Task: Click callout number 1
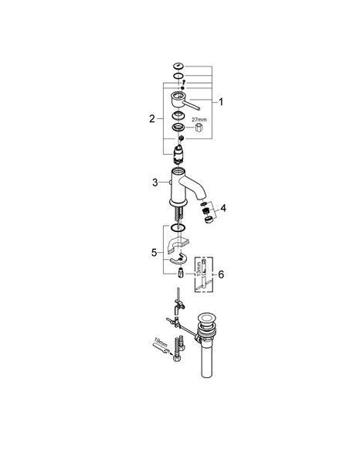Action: coord(221,102)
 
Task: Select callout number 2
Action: coord(152,119)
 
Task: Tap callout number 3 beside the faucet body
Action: coord(155,183)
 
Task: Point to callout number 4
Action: coord(223,208)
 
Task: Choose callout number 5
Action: coord(155,253)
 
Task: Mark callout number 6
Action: coord(221,275)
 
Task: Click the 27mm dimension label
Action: coord(199,120)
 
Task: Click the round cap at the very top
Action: coord(178,66)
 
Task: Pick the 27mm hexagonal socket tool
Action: coord(199,128)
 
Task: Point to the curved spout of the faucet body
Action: coord(195,186)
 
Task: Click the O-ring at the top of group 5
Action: coord(178,227)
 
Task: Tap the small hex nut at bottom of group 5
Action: coord(181,272)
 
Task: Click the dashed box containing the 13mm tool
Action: coord(204,275)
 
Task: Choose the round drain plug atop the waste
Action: coord(206,319)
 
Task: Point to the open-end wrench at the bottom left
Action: coord(161,348)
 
